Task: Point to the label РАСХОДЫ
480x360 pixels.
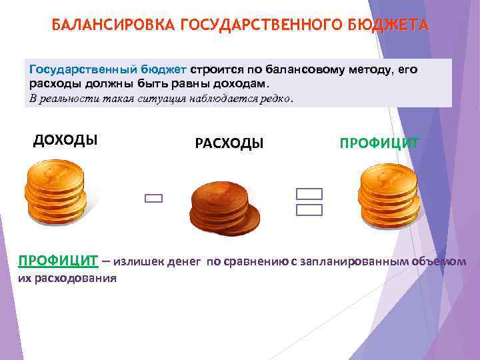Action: coord(229,143)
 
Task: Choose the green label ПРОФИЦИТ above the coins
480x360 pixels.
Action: coord(379,143)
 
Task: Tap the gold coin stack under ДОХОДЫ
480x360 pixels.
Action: coord(55,194)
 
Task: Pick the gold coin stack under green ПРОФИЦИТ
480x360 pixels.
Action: coord(388,194)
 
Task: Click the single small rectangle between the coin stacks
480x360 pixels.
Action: coord(153,198)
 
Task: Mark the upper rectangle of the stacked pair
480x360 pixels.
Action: coord(309,194)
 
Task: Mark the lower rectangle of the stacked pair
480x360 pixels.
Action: coord(309,210)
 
